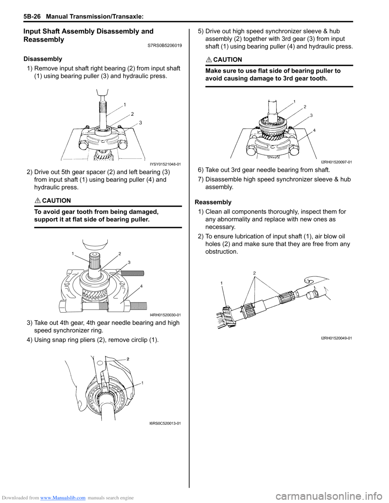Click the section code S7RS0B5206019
point(165,46)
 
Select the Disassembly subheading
point(43,59)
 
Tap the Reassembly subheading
point(213,202)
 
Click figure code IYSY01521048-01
point(165,164)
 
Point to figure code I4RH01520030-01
point(165,315)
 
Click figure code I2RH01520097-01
point(336,162)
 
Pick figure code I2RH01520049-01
point(336,338)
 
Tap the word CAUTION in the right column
point(227,60)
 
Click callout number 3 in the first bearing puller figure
point(140,122)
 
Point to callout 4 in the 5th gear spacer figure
point(141,286)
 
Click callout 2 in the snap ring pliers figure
point(128,359)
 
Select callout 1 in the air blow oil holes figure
point(222,283)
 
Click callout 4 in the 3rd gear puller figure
point(314,130)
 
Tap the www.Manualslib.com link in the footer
point(63,497)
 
